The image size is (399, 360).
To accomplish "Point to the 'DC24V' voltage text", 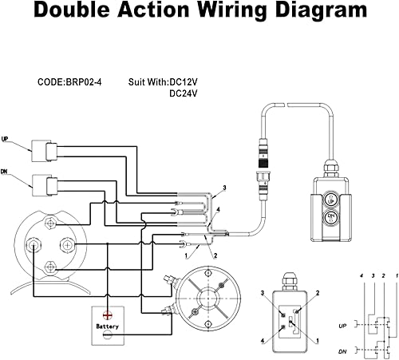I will tap(185, 93).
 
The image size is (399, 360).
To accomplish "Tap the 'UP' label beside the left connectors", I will tap(6, 138).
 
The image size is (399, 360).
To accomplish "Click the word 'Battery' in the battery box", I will tap(108, 326).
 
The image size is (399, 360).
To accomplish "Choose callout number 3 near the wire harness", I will tap(224, 188).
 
